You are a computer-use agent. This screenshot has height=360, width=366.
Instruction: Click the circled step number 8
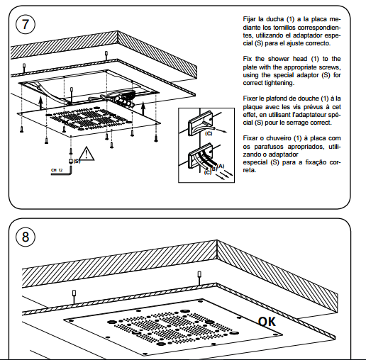[x=26, y=236]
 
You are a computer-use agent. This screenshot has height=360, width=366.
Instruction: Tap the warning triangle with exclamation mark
[x=86, y=153]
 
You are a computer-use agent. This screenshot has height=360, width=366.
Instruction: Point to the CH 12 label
[x=56, y=171]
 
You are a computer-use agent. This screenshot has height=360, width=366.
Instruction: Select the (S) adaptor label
[x=76, y=161]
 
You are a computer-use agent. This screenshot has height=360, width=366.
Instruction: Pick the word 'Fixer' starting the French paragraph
[x=249, y=99]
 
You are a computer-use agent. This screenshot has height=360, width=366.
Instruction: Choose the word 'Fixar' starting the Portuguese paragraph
[x=249, y=139]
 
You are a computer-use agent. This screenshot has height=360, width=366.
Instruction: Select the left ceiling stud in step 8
[x=74, y=293]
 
